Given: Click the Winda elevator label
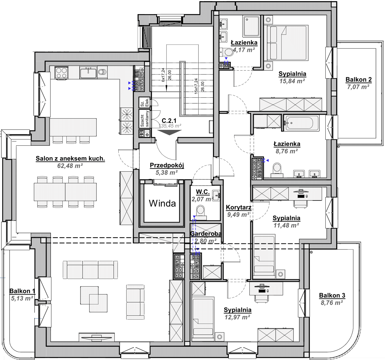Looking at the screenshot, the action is [x=162, y=203].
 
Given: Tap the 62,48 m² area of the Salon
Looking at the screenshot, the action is [x=70, y=166].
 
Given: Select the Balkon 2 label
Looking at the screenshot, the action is [x=358, y=80].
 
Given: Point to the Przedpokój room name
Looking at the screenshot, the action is [x=167, y=165].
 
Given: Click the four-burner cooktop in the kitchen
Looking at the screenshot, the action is [x=62, y=73].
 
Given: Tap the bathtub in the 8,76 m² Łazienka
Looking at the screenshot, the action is [x=301, y=123].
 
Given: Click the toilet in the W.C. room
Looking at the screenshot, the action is [x=201, y=213].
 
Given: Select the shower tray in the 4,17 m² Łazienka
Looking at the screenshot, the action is [x=251, y=26].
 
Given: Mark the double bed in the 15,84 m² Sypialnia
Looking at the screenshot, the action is [x=286, y=43].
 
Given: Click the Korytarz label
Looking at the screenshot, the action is [x=239, y=208].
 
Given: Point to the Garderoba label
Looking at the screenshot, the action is [x=206, y=234].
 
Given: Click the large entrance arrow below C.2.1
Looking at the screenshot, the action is [x=169, y=132].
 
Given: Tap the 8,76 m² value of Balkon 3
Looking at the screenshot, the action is [x=332, y=303].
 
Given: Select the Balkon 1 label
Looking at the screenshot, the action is [x=22, y=291].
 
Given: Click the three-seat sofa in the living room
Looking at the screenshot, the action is [x=90, y=270].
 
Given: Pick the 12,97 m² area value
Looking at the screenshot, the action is [x=237, y=317].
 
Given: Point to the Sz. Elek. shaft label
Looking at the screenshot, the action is [x=145, y=102].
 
